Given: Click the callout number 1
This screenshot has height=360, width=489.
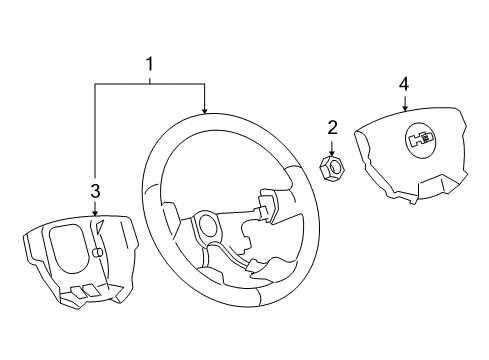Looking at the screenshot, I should (150, 67).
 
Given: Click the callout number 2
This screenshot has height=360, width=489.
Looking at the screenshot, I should (333, 127).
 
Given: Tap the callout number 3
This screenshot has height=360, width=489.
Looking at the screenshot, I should (95, 190).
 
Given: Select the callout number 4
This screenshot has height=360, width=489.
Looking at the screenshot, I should (404, 84).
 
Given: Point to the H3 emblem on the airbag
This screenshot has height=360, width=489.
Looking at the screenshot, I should (418, 141).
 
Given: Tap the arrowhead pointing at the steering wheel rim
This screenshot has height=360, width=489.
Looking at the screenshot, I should (204, 110).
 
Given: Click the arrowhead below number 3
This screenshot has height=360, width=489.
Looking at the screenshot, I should (95, 213).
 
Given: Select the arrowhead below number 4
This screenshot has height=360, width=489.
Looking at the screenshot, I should (404, 109).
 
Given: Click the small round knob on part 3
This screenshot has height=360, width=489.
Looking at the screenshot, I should (98, 253).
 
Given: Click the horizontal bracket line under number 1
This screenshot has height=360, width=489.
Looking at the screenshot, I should (150, 85).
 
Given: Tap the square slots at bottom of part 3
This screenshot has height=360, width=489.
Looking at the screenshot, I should (85, 291).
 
